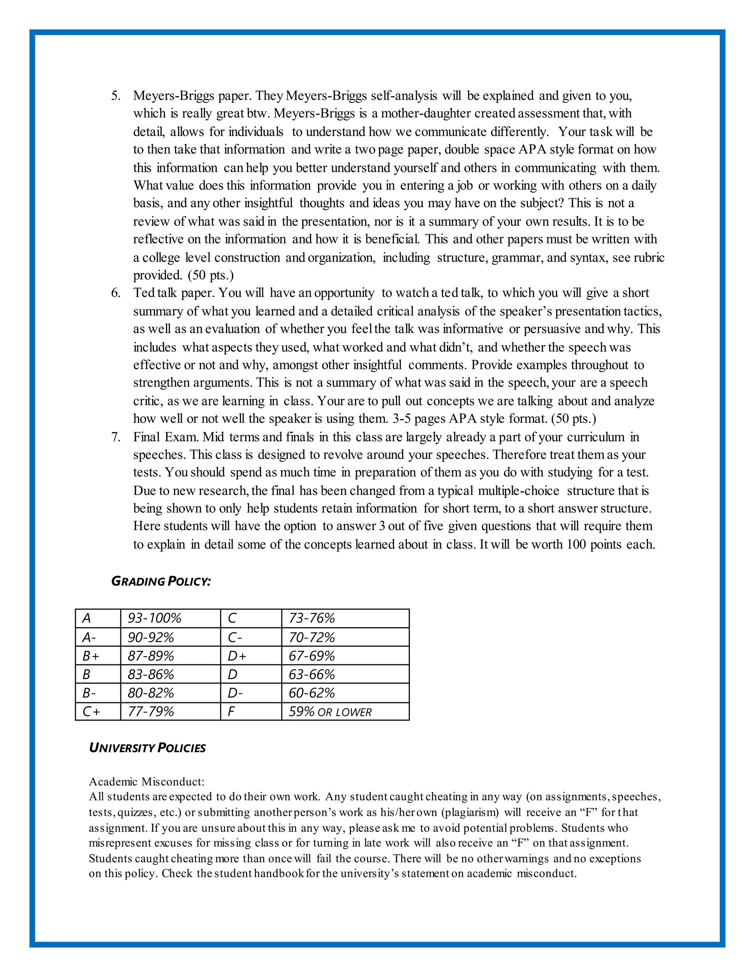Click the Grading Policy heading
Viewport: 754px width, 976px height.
pyautogui.click(x=161, y=582)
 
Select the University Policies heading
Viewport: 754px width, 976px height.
pyautogui.click(x=147, y=748)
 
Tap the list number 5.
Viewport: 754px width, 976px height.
pyautogui.click(x=116, y=96)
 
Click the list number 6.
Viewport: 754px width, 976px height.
pyautogui.click(x=116, y=293)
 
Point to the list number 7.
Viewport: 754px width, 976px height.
pyautogui.click(x=116, y=437)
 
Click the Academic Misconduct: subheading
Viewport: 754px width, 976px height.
pyautogui.click(x=147, y=782)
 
